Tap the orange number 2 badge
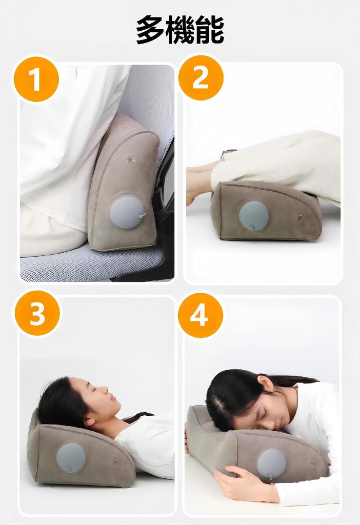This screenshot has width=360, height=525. (201, 78)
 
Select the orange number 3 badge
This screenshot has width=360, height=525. (37, 313)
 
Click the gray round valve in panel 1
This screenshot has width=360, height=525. (127, 212)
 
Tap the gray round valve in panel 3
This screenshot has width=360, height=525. (71, 457)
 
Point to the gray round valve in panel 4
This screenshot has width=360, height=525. (271, 463)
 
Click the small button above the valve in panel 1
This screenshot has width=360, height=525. (131, 160)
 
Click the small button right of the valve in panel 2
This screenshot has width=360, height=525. (300, 217)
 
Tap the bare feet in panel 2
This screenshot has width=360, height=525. (197, 185)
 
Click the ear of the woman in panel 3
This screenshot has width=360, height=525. (90, 420)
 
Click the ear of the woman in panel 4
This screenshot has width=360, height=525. (265, 382)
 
